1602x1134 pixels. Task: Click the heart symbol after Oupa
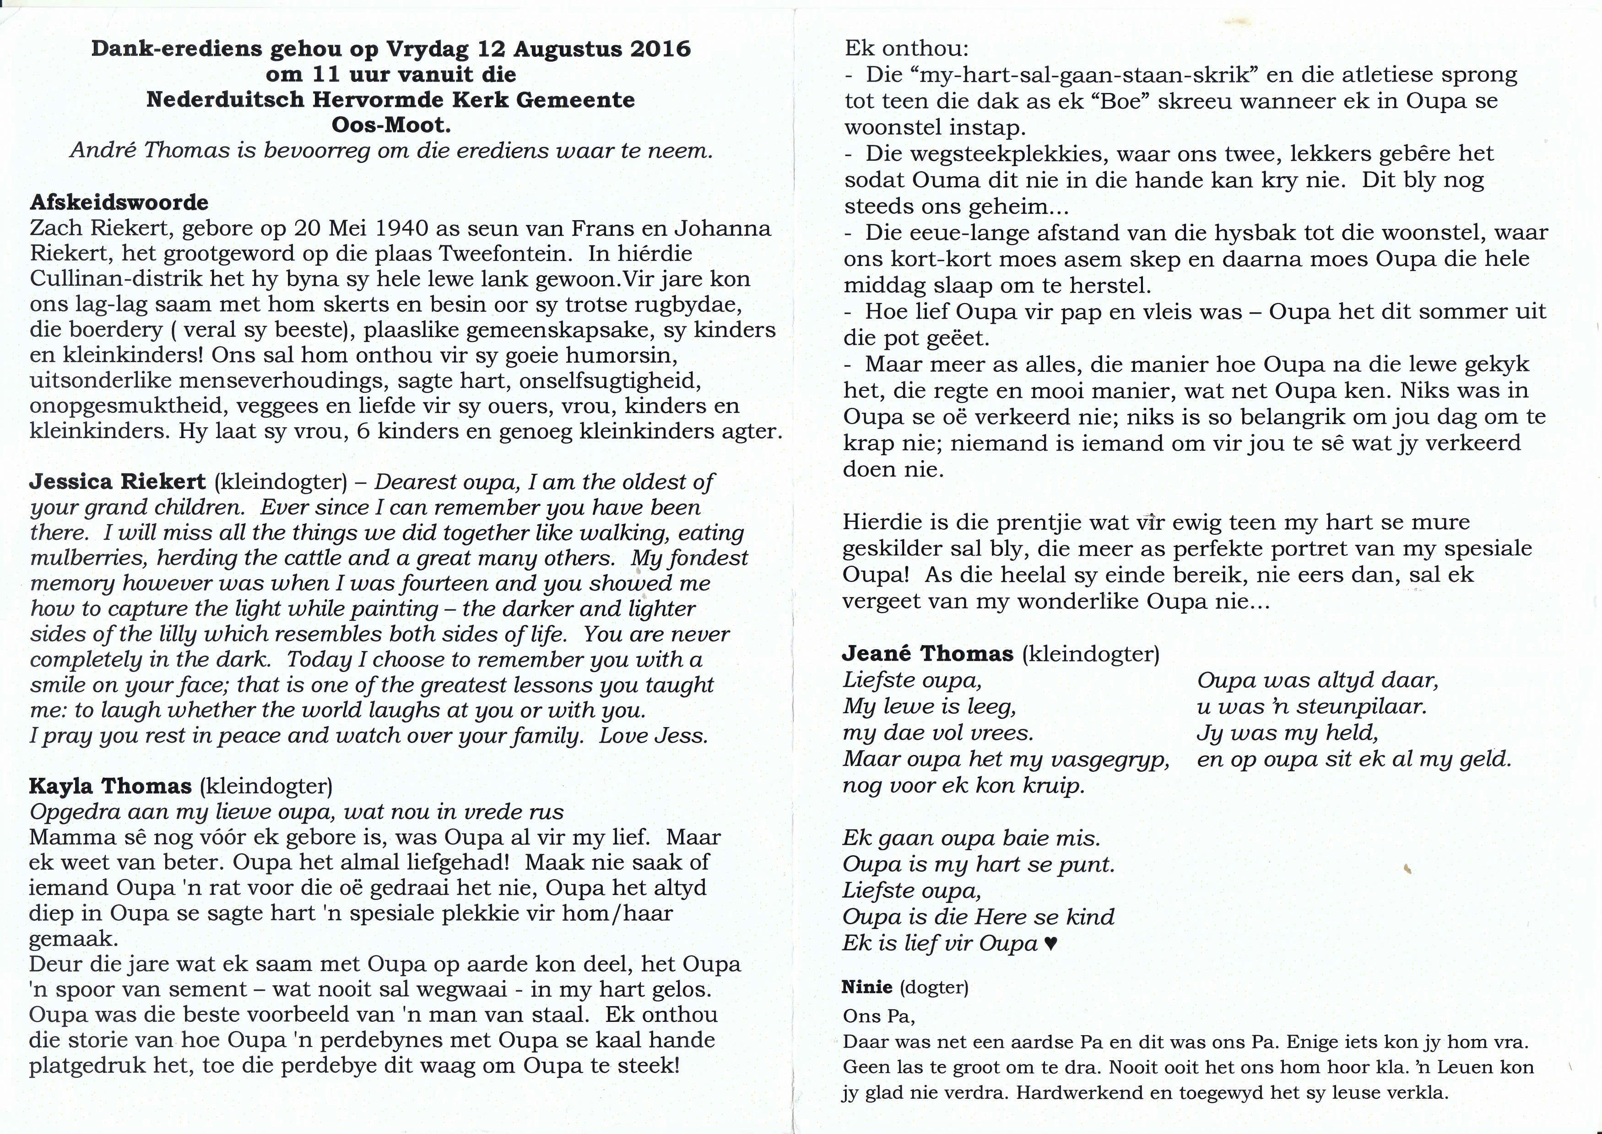1050,944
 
